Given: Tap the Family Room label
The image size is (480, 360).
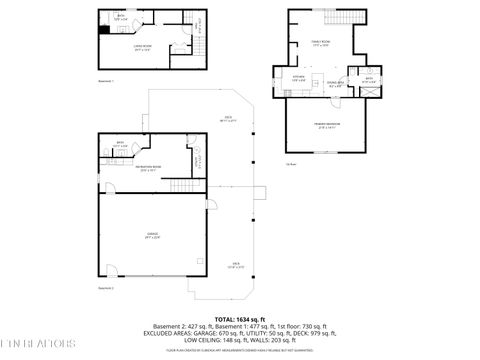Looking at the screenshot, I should click(x=319, y=44).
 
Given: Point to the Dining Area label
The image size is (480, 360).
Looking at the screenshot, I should click(x=336, y=85).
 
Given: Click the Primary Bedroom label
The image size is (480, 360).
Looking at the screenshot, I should click(x=328, y=127).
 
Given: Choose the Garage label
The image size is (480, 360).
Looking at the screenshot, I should click(x=153, y=236).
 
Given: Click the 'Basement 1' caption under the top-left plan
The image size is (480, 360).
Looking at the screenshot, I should click(x=106, y=81).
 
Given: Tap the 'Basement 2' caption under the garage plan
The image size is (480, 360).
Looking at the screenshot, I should click(x=105, y=288).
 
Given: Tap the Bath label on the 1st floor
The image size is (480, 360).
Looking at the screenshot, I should click(x=368, y=79).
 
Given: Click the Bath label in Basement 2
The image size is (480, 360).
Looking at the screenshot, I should click(x=119, y=144).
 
